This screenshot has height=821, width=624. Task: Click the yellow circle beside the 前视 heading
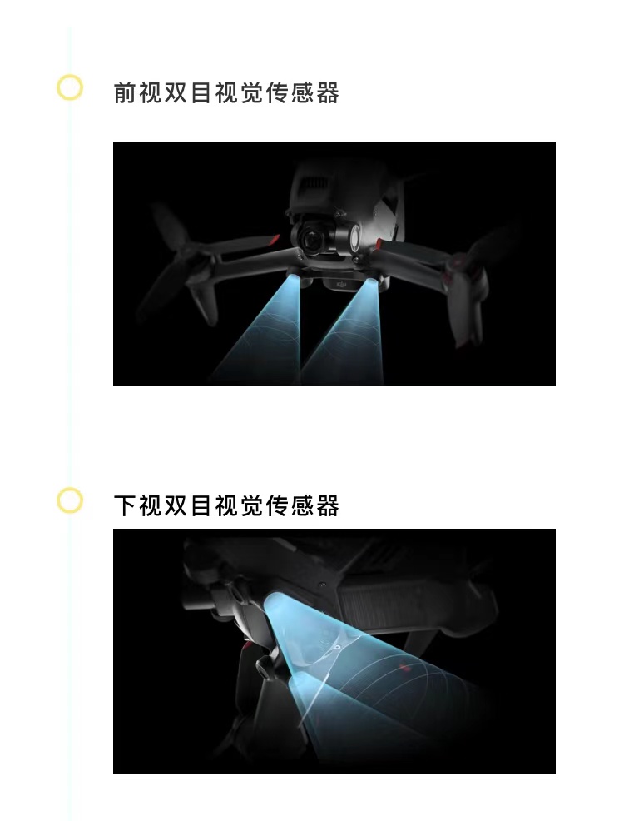click(x=70, y=87)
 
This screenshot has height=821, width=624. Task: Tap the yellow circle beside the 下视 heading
click(x=70, y=500)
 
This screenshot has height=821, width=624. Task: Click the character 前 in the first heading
click(x=125, y=92)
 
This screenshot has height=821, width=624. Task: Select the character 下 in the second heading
click(x=125, y=505)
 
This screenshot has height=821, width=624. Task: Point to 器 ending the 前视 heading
click(x=328, y=92)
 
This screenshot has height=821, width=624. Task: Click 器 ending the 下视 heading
click(x=328, y=505)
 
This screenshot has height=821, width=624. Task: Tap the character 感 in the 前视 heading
click(x=302, y=92)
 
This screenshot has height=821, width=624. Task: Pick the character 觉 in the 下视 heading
click(x=251, y=505)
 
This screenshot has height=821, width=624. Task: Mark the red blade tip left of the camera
click(x=273, y=240)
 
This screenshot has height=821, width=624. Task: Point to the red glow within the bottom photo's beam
click(x=404, y=667)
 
